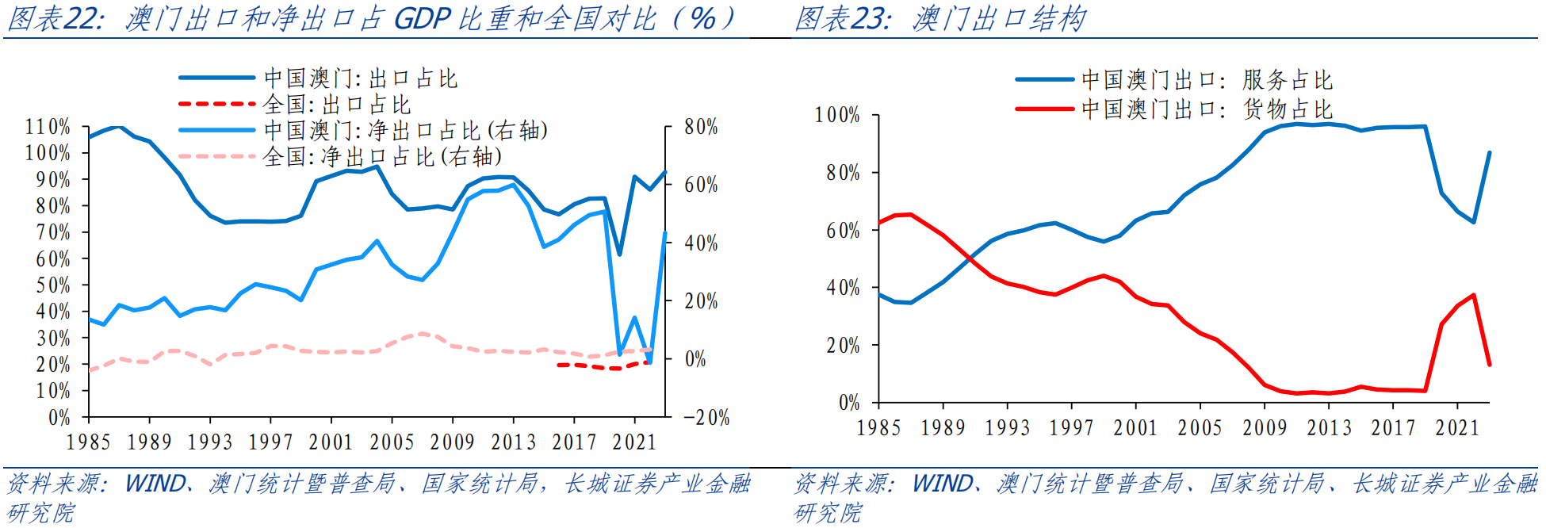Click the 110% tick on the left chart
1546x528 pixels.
coord(48,127)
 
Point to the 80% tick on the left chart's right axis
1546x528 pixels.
coord(701,127)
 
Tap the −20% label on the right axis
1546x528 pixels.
coord(706,418)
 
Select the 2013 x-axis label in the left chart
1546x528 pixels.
coord(513,442)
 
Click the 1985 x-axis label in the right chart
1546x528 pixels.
coord(878,428)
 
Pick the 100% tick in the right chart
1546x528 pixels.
coord(837,116)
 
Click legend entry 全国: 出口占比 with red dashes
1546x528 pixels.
coord(336,105)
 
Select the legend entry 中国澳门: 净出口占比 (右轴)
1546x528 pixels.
coord(405,131)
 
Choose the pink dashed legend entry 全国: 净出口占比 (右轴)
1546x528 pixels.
coord(381,157)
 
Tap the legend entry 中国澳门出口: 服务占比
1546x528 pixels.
coord(1206,80)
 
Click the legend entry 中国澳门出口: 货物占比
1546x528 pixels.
coord(1206,109)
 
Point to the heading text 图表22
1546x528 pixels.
coord(55,18)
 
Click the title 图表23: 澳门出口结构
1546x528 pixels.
coord(940,18)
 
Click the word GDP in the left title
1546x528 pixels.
coord(423,18)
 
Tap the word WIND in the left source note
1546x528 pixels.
coord(155,483)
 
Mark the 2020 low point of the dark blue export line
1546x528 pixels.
coord(619,254)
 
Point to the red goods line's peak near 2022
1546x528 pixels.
coord(1473,296)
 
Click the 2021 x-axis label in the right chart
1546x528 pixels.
coord(1457,428)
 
